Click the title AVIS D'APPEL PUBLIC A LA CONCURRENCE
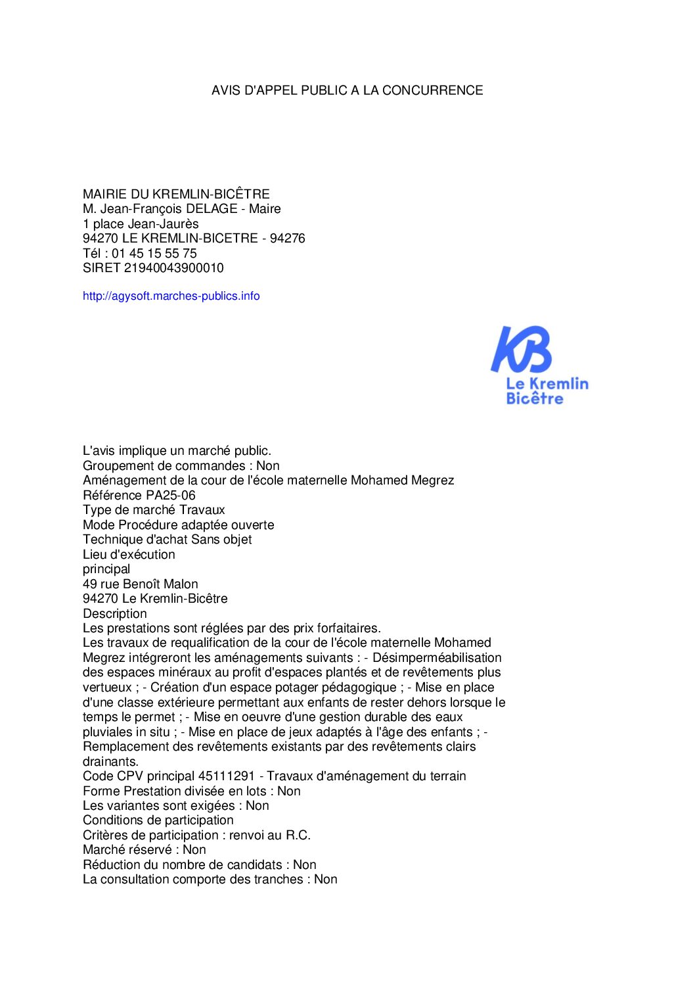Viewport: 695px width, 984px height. [x=347, y=91]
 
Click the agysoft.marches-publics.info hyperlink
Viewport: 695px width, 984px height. [x=171, y=296]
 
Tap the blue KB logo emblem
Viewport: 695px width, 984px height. [x=522, y=350]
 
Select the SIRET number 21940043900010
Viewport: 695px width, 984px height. [x=173, y=268]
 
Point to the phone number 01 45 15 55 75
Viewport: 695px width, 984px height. [x=154, y=254]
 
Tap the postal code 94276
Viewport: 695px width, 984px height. [x=287, y=239]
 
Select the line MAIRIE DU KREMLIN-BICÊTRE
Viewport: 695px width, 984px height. [x=176, y=195]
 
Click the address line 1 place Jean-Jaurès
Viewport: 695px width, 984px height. [x=141, y=224]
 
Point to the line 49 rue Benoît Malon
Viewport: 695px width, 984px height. [x=140, y=584]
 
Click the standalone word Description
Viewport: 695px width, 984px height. [x=115, y=614]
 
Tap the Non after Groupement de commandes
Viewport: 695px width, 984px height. [x=268, y=466]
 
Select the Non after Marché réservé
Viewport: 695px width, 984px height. [x=194, y=850]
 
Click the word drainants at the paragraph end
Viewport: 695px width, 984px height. [x=110, y=762]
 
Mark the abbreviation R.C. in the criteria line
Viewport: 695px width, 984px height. [x=298, y=835]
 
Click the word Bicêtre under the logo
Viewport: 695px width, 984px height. [x=535, y=399]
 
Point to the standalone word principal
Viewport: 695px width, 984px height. [x=106, y=569]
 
